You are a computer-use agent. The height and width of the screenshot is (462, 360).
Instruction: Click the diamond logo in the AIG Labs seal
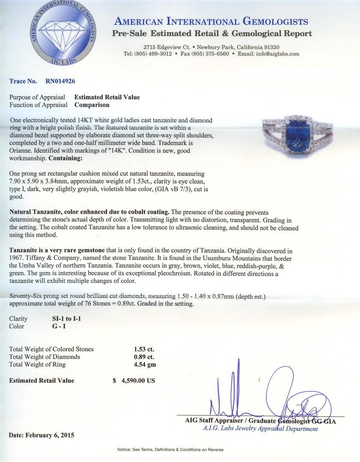tap(65, 33)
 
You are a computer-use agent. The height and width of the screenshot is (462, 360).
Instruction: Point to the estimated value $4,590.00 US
tap(134, 380)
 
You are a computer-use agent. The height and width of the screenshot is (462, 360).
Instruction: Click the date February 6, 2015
tap(41, 435)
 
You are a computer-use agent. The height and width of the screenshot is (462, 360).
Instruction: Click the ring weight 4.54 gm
tap(144, 364)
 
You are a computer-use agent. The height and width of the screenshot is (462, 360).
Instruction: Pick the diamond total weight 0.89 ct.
tap(144, 357)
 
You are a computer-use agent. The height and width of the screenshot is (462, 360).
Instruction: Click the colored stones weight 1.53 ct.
tap(144, 349)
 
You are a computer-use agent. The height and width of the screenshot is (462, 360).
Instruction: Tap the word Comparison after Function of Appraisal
tap(92, 105)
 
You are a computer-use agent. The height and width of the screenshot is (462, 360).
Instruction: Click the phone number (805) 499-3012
tap(154, 54)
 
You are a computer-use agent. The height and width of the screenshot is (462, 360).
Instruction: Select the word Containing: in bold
tap(64, 158)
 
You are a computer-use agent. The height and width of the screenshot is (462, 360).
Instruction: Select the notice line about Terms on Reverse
tap(170, 450)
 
